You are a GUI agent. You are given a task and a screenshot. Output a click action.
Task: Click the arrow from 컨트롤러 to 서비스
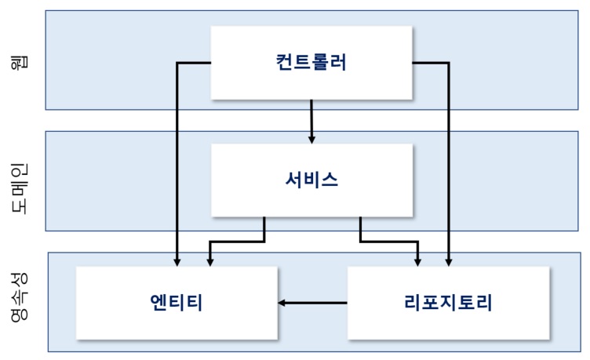311,121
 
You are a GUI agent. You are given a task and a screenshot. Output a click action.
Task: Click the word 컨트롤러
311,63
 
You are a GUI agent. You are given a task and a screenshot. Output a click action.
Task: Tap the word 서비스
311,180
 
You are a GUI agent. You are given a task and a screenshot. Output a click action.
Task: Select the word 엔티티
177,302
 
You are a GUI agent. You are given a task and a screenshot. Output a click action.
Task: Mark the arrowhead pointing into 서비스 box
311,139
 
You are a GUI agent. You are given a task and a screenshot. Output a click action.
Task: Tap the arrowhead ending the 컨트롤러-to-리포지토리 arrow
449,262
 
